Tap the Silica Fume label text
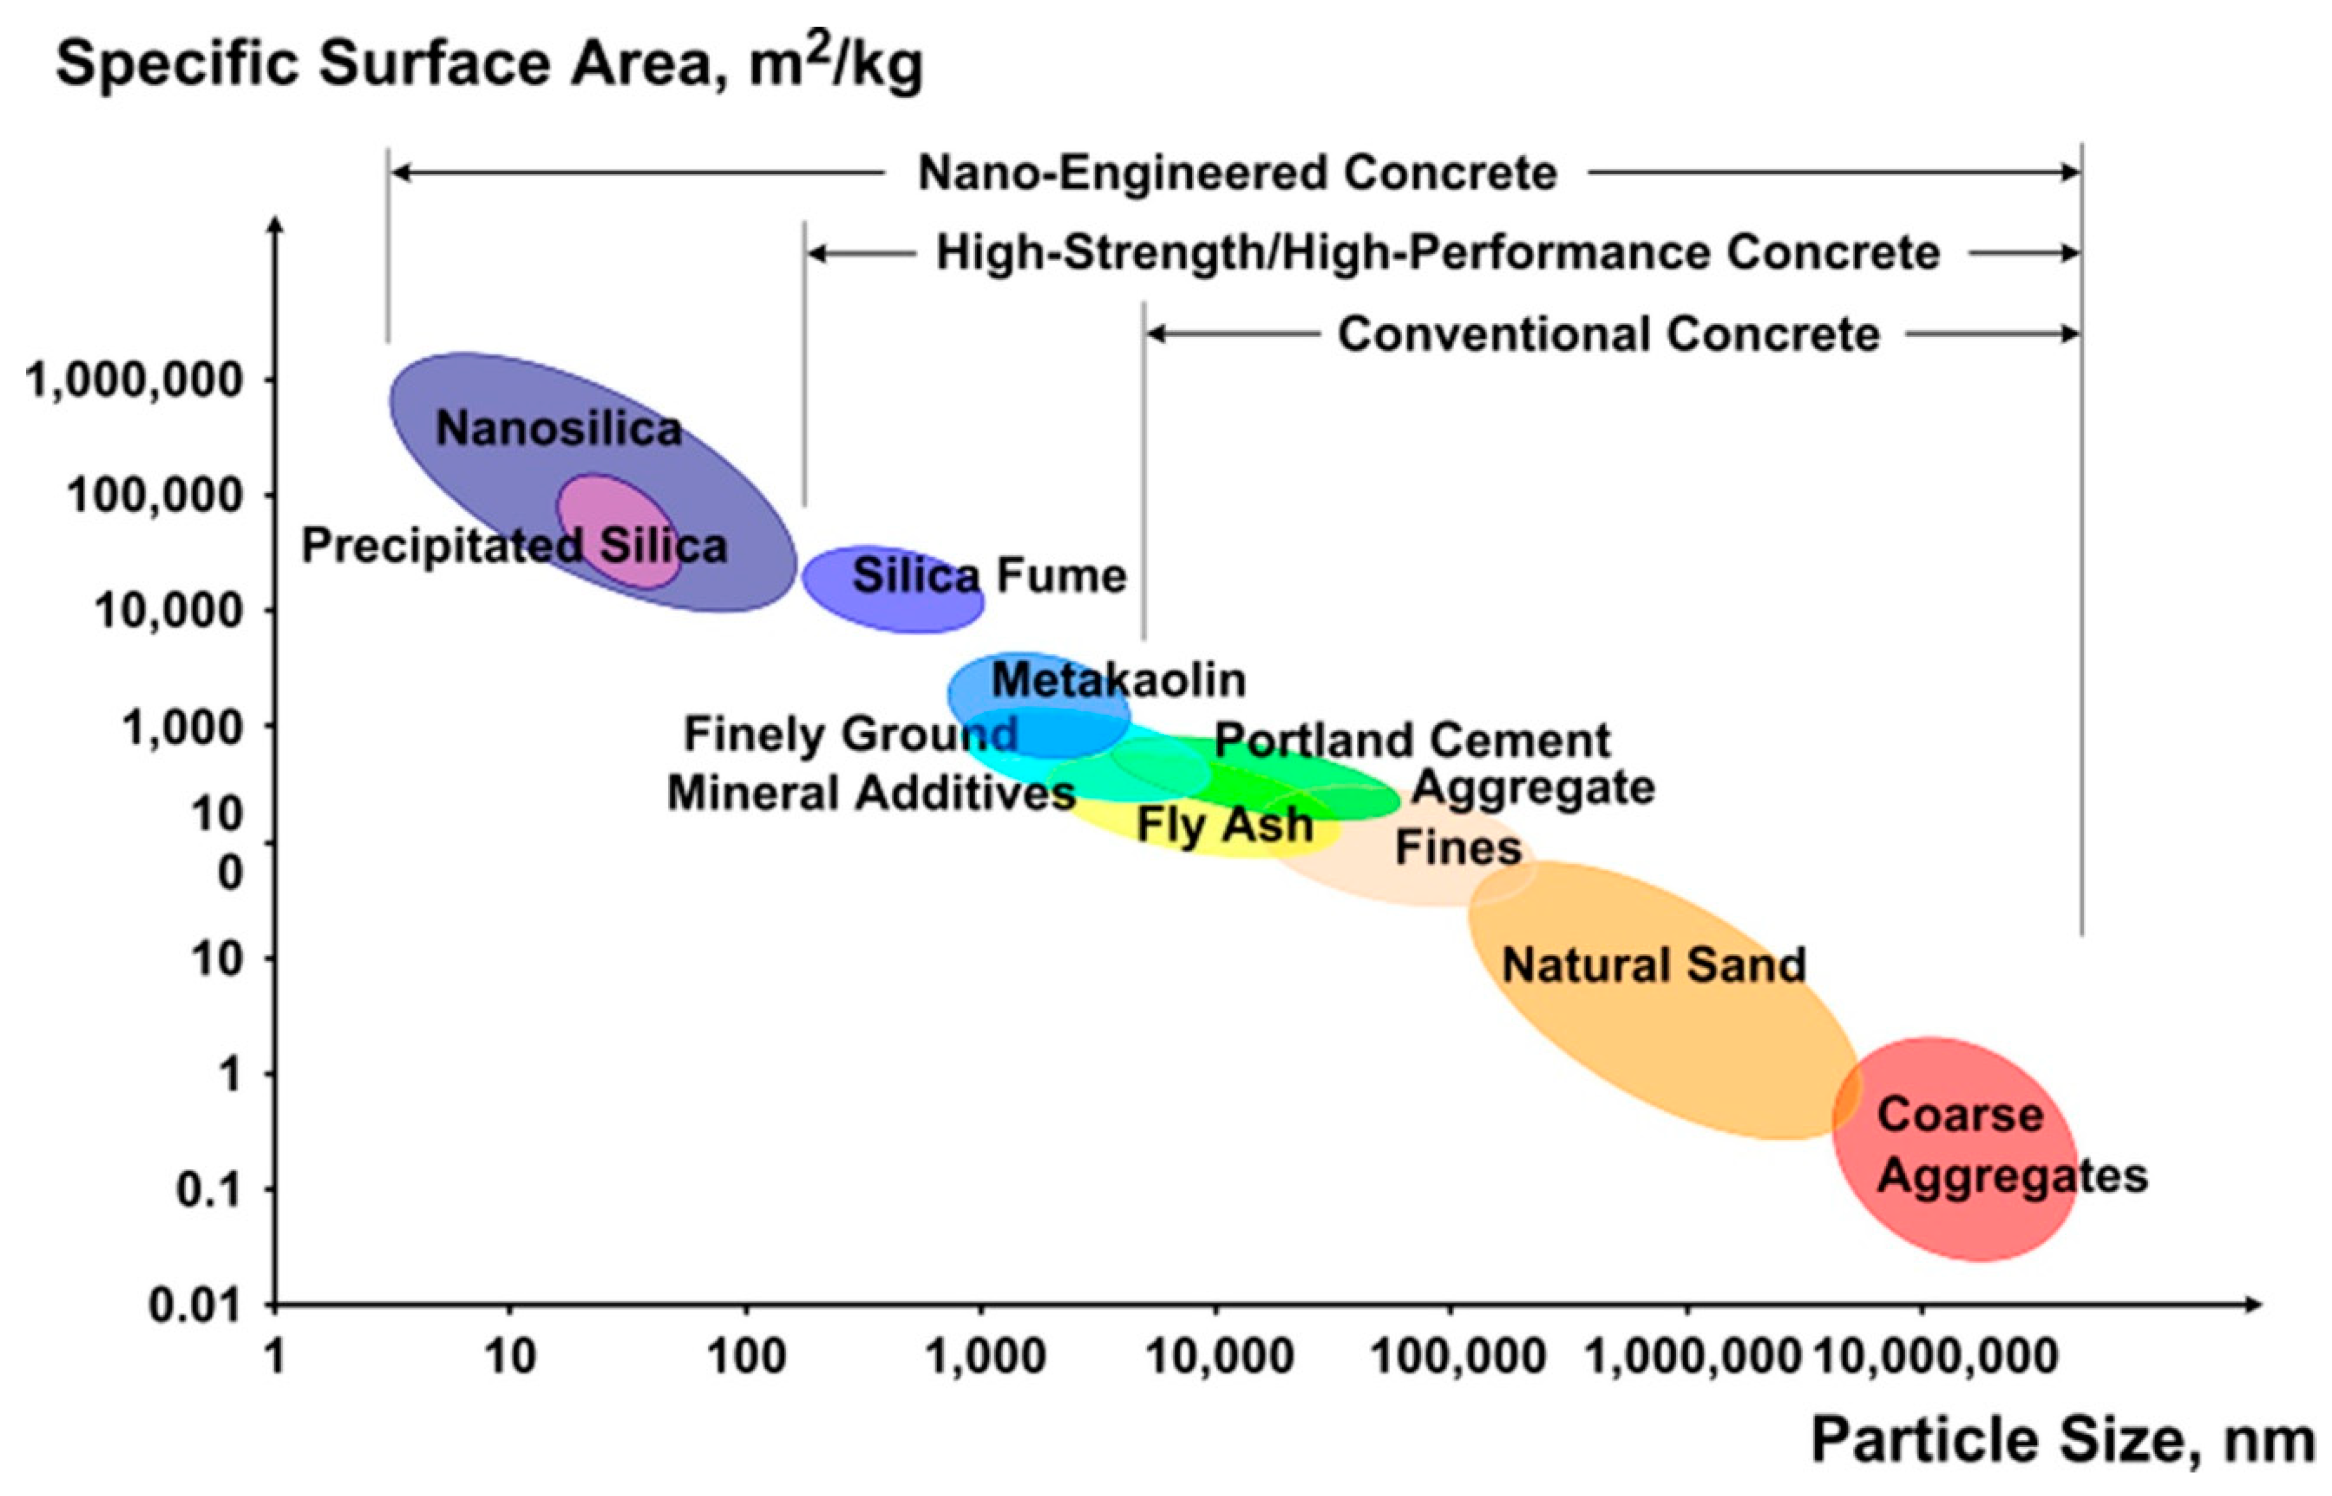point(989,576)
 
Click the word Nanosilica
point(559,429)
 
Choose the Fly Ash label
point(1224,825)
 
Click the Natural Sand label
point(1654,966)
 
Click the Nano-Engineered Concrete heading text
point(1237,174)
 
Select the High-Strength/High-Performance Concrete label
point(1438,254)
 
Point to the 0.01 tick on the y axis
point(193,1306)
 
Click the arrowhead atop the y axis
point(276,225)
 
